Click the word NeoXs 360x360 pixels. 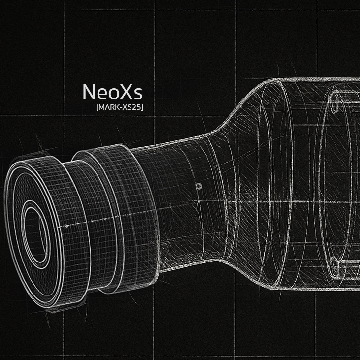coord(112,92)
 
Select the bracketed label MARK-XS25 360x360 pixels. coord(120,107)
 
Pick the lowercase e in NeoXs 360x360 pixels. coord(100,94)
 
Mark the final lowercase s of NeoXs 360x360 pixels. coord(136,94)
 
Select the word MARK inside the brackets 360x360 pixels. coord(108,107)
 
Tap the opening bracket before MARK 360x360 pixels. coord(98,107)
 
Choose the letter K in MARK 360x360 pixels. coord(115,107)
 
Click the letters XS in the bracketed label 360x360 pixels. coord(127,107)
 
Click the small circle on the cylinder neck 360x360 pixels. coord(199,186)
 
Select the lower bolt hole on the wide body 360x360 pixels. coord(335,268)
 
